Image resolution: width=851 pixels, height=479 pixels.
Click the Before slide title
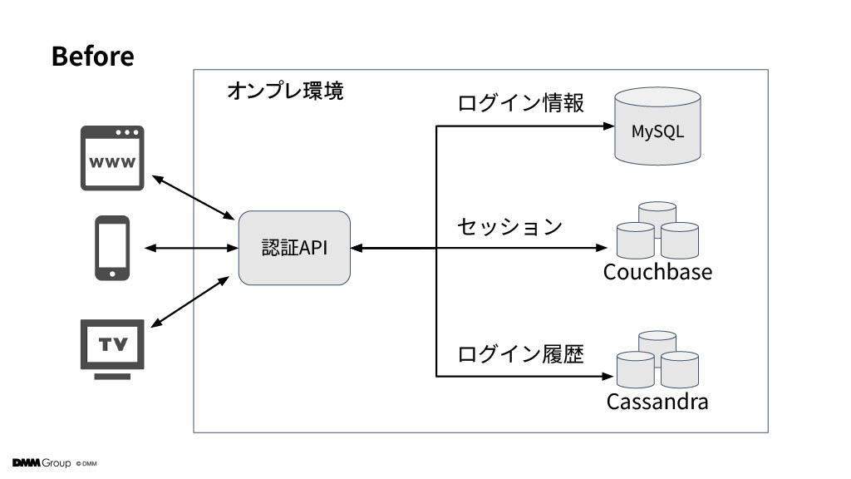[x=93, y=56]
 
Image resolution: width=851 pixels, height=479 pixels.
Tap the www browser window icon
[x=112, y=158]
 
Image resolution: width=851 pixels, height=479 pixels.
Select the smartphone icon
[x=112, y=248]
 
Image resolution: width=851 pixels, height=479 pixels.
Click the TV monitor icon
[x=112, y=349]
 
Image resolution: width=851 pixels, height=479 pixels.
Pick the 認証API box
[x=294, y=248]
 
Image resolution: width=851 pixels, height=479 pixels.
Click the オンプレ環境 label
[x=286, y=91]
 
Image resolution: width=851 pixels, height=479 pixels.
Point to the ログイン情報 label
[x=520, y=102]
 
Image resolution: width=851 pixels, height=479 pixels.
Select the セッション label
[x=509, y=226]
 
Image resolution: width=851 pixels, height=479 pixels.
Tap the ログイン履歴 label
[x=520, y=354]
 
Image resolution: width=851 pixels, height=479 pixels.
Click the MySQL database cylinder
[x=658, y=126]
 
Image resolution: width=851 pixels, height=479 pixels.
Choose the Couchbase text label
[x=658, y=272]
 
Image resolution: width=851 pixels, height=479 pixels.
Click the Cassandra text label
[x=657, y=402]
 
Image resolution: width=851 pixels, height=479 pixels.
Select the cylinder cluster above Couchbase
[x=658, y=230]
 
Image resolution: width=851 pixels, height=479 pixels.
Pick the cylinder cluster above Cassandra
[x=658, y=359]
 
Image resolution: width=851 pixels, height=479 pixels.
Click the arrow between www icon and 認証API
[x=193, y=198]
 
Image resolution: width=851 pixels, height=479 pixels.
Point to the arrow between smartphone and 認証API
[x=192, y=248]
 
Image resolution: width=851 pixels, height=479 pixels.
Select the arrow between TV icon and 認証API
[x=190, y=302]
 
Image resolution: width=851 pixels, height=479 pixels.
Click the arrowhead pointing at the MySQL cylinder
[x=609, y=126]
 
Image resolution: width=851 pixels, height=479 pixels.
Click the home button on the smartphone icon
[x=112, y=274]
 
